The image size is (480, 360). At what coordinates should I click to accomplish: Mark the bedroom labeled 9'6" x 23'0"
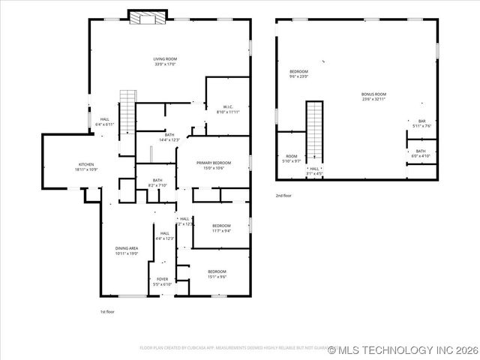(x=299, y=73)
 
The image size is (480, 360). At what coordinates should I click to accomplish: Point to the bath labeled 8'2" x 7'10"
(x=157, y=182)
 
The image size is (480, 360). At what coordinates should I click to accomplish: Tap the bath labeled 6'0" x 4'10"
(x=421, y=153)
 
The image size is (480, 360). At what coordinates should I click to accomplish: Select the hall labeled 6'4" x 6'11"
(x=105, y=121)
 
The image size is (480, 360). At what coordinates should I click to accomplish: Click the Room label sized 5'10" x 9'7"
(x=292, y=158)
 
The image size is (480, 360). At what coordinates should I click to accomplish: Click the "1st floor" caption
(x=107, y=311)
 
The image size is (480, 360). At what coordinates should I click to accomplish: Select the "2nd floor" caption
(x=283, y=195)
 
